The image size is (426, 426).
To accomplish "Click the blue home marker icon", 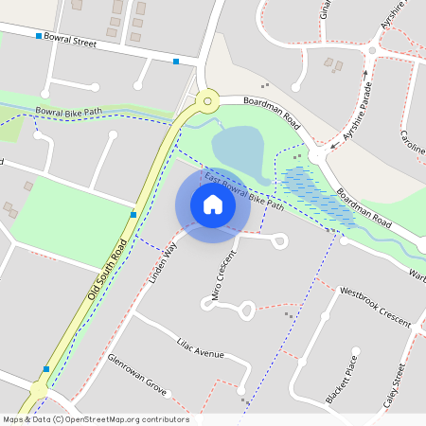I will coord(213,204).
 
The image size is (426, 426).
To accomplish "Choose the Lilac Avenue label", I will coord(200,347).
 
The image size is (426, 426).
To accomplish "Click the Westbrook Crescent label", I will coord(375,307).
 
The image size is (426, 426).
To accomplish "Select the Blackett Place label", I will coord(343,380).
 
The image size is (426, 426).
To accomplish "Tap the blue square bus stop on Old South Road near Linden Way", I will coord(133,215).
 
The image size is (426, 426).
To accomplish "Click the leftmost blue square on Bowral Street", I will coord(39,36).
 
